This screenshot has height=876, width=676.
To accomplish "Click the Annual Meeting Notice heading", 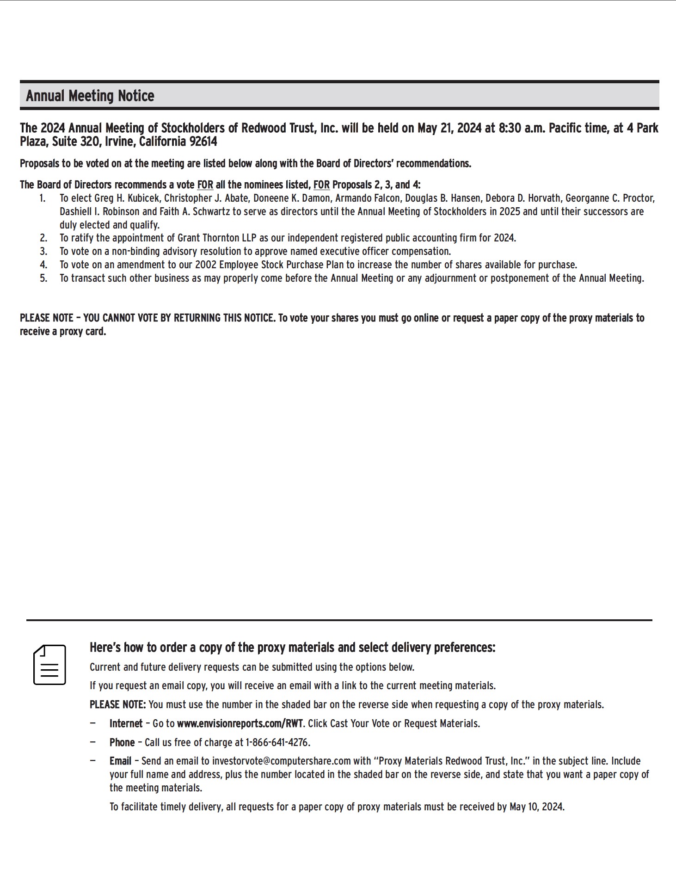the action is pos(90,96).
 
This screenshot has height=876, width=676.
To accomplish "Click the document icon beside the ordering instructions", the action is pos(49,665).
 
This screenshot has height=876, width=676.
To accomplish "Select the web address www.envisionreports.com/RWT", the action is pos(240,723).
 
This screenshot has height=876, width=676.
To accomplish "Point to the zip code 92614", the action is pos(203,142).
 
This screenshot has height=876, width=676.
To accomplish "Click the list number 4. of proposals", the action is pos(43,265).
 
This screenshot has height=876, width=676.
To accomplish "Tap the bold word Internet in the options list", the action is pos(126,723).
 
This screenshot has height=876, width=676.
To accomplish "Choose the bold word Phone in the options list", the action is pos(122,742).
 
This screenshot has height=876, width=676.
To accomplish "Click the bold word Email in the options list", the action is pos(120,761).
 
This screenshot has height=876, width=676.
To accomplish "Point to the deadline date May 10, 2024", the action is pos(536,807).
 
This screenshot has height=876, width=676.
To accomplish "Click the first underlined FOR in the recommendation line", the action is pos(205,185).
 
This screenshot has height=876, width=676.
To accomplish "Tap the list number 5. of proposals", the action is pos(43,278).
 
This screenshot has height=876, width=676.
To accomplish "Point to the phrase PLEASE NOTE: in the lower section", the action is pos(117,705).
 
